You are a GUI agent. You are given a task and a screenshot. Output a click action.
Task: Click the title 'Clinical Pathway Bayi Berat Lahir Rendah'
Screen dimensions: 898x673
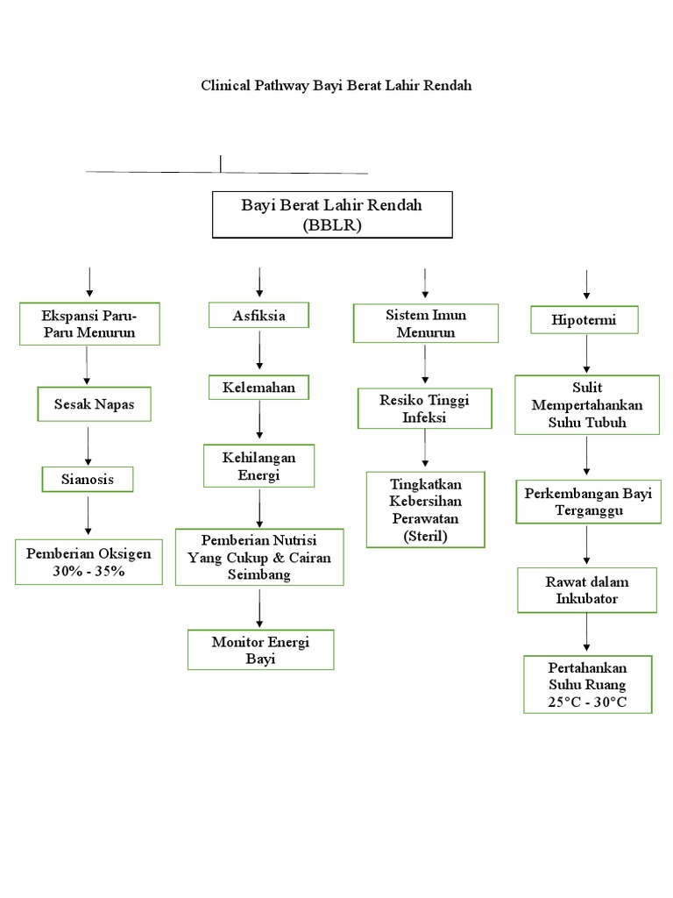pos(336,87)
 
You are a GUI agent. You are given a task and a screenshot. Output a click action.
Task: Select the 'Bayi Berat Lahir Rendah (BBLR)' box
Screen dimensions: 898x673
pos(332,215)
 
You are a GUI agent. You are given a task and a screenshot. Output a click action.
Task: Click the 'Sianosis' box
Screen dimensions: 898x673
pos(89,479)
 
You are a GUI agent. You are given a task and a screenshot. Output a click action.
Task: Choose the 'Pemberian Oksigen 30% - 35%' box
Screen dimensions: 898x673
pos(89,561)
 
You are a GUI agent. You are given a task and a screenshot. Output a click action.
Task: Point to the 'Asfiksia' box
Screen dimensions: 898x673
pos(259,314)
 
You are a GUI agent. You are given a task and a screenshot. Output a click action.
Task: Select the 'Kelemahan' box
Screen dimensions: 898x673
pos(259,386)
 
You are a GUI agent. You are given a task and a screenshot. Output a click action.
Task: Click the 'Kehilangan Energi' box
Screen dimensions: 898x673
pos(259,466)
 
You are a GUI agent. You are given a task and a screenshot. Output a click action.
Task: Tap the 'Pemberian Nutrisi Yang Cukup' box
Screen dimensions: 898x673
pos(259,557)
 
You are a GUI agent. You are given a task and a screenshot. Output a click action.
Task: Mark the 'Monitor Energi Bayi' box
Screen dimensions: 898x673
pos(260,650)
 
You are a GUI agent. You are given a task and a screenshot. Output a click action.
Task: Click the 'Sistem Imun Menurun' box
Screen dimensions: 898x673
pos(425,323)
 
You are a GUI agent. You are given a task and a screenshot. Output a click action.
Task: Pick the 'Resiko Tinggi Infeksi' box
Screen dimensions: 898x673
pos(425,409)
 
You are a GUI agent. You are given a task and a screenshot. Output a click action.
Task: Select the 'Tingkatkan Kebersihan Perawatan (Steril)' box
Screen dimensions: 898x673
pos(425,510)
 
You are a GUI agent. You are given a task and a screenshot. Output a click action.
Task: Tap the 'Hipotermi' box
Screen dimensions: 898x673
pos(584,320)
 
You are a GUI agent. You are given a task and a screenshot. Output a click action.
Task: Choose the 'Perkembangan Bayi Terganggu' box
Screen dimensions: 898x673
pos(587,502)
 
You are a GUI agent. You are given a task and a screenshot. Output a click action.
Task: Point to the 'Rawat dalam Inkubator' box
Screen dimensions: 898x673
pos(586,589)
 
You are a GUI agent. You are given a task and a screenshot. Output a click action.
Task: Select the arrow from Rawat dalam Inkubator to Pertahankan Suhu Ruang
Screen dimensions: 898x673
pos(586,632)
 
